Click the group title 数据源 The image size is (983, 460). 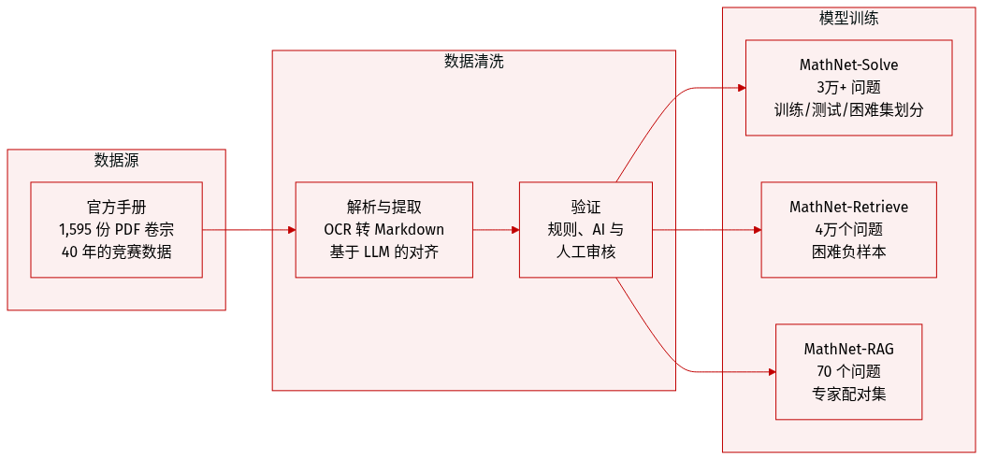pyautogui.click(x=116, y=161)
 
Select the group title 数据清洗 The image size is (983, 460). pyautogui.click(x=473, y=62)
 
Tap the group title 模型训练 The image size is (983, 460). pyautogui.click(x=848, y=18)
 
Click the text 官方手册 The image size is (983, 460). pyautogui.click(x=116, y=208)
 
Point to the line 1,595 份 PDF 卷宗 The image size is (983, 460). pyautogui.click(x=116, y=229)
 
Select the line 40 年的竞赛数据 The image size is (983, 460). pyautogui.click(x=116, y=252)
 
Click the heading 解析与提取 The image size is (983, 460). pyautogui.click(x=383, y=208)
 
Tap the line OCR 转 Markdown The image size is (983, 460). pyautogui.click(x=383, y=229)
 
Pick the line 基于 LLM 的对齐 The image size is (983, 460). pyautogui.click(x=383, y=252)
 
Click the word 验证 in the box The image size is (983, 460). pyautogui.click(x=585, y=208)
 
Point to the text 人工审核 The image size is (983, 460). pyautogui.click(x=585, y=252)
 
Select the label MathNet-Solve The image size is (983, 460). pyautogui.click(x=848, y=65)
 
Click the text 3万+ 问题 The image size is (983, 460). pyautogui.click(x=848, y=87)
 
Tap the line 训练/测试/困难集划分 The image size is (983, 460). pyautogui.click(x=848, y=109)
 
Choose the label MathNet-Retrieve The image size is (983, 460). pyautogui.click(x=848, y=207)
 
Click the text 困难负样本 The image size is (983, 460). pyautogui.click(x=848, y=252)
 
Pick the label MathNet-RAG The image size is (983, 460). pyautogui.click(x=848, y=350)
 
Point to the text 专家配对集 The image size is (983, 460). pyautogui.click(x=848, y=394)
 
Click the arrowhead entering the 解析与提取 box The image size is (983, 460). pyautogui.click(x=291, y=229)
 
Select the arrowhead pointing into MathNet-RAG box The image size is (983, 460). pyautogui.click(x=771, y=371)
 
